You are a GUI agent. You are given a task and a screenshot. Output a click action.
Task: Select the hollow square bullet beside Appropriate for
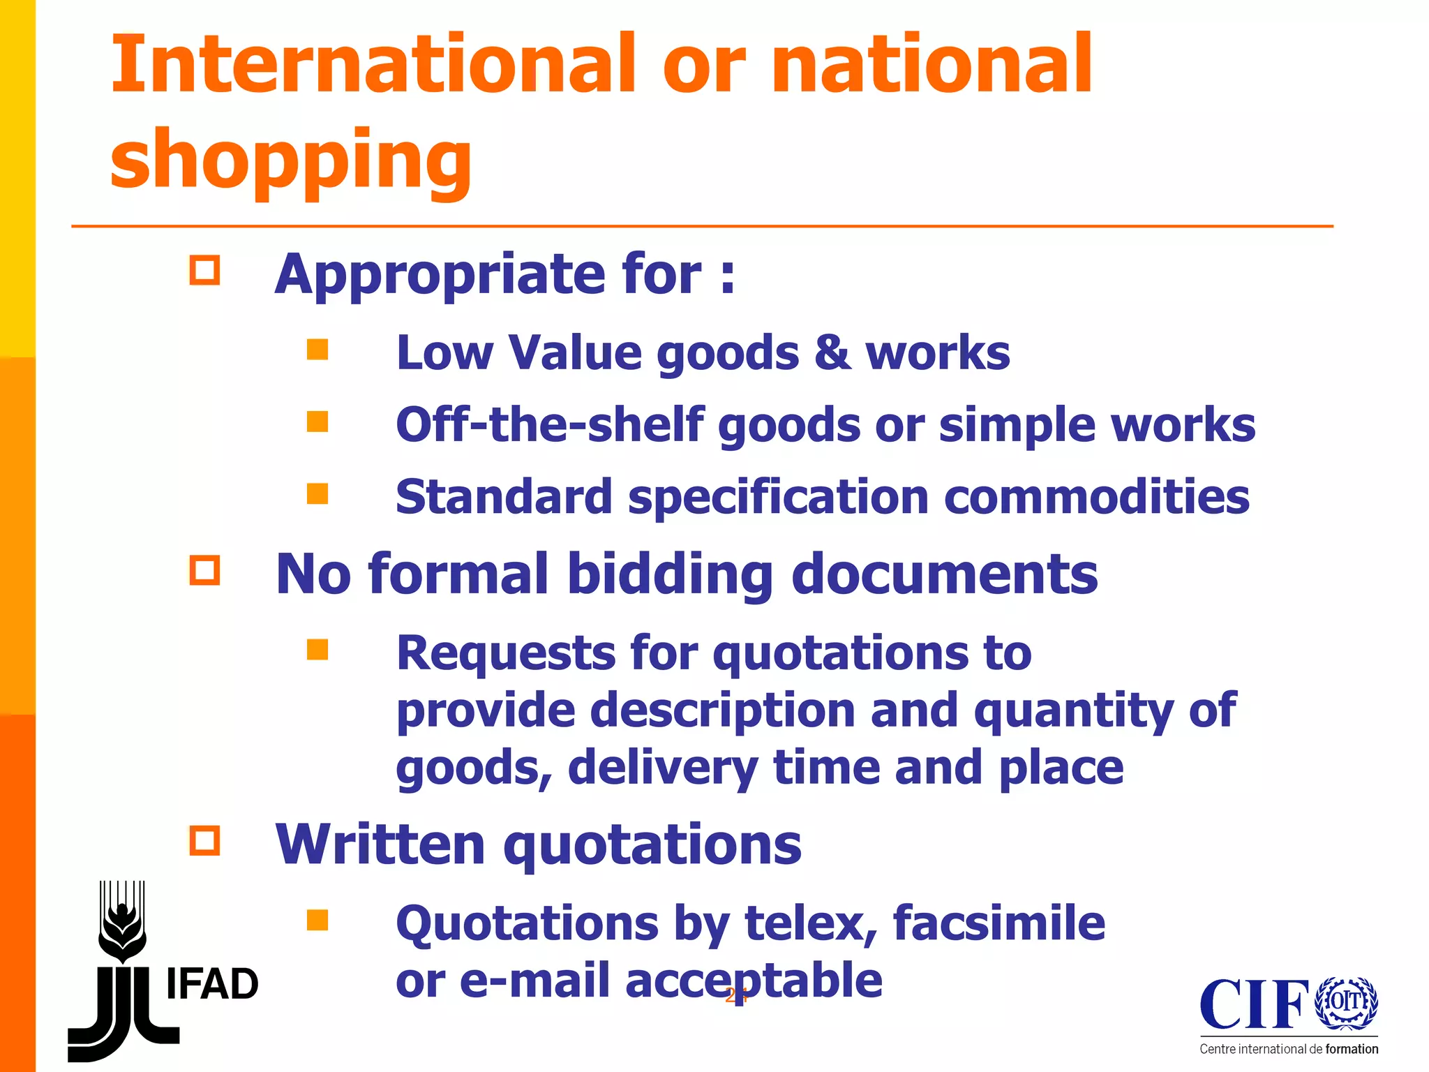point(204,270)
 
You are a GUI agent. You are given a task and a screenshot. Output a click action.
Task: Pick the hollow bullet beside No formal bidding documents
point(204,570)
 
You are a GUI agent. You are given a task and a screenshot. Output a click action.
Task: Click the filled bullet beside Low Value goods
point(317,349)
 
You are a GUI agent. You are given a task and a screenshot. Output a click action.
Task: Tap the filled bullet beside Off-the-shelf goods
point(317,422)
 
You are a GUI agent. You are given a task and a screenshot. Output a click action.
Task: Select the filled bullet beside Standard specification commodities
point(317,494)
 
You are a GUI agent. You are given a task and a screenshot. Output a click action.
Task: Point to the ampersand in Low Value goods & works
point(832,352)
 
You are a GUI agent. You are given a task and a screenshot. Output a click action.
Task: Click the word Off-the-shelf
point(550,425)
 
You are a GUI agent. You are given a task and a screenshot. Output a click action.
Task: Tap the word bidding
point(670,574)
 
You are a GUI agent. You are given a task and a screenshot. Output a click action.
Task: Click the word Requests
point(506,653)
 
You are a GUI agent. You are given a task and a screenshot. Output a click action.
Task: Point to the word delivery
point(663,768)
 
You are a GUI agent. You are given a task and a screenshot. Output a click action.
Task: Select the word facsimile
point(998,923)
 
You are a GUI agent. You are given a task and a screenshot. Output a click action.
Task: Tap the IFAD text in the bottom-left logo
point(212,985)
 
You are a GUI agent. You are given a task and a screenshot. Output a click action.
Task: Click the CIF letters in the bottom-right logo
point(1254,1005)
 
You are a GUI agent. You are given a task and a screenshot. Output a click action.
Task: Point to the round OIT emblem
point(1346,1002)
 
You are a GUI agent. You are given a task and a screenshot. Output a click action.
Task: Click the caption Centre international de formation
point(1288,1049)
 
